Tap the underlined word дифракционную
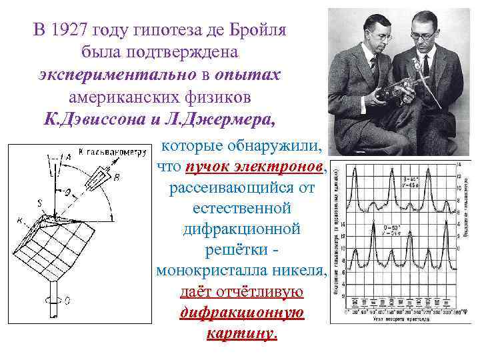(241, 313)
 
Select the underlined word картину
(241, 333)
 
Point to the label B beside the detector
(117, 177)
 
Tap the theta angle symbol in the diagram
(67, 191)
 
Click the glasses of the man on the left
(381, 37)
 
